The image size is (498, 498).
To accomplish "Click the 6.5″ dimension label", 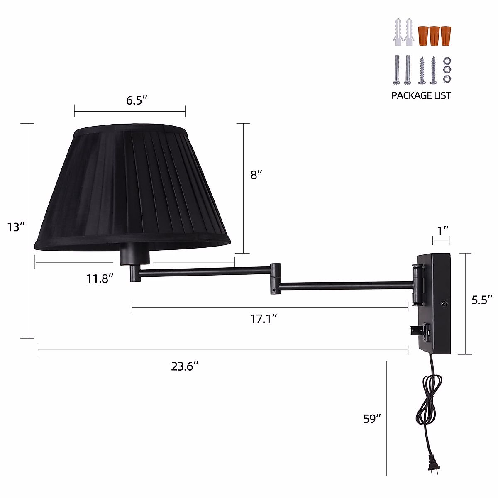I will click(137, 100).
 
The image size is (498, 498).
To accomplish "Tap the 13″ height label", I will click(16, 227).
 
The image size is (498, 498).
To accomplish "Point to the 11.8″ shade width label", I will click(100, 278).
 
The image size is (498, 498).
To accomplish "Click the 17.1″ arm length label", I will click(264, 319).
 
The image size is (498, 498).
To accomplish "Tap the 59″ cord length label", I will click(372, 419).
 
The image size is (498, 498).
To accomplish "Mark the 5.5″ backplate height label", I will click(482, 300).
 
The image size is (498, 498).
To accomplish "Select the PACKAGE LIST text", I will click(421, 95).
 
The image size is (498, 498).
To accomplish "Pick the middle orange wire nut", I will click(435, 36).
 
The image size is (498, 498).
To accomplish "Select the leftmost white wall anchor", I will click(398, 32).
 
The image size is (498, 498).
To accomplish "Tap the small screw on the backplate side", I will click(444, 304).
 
